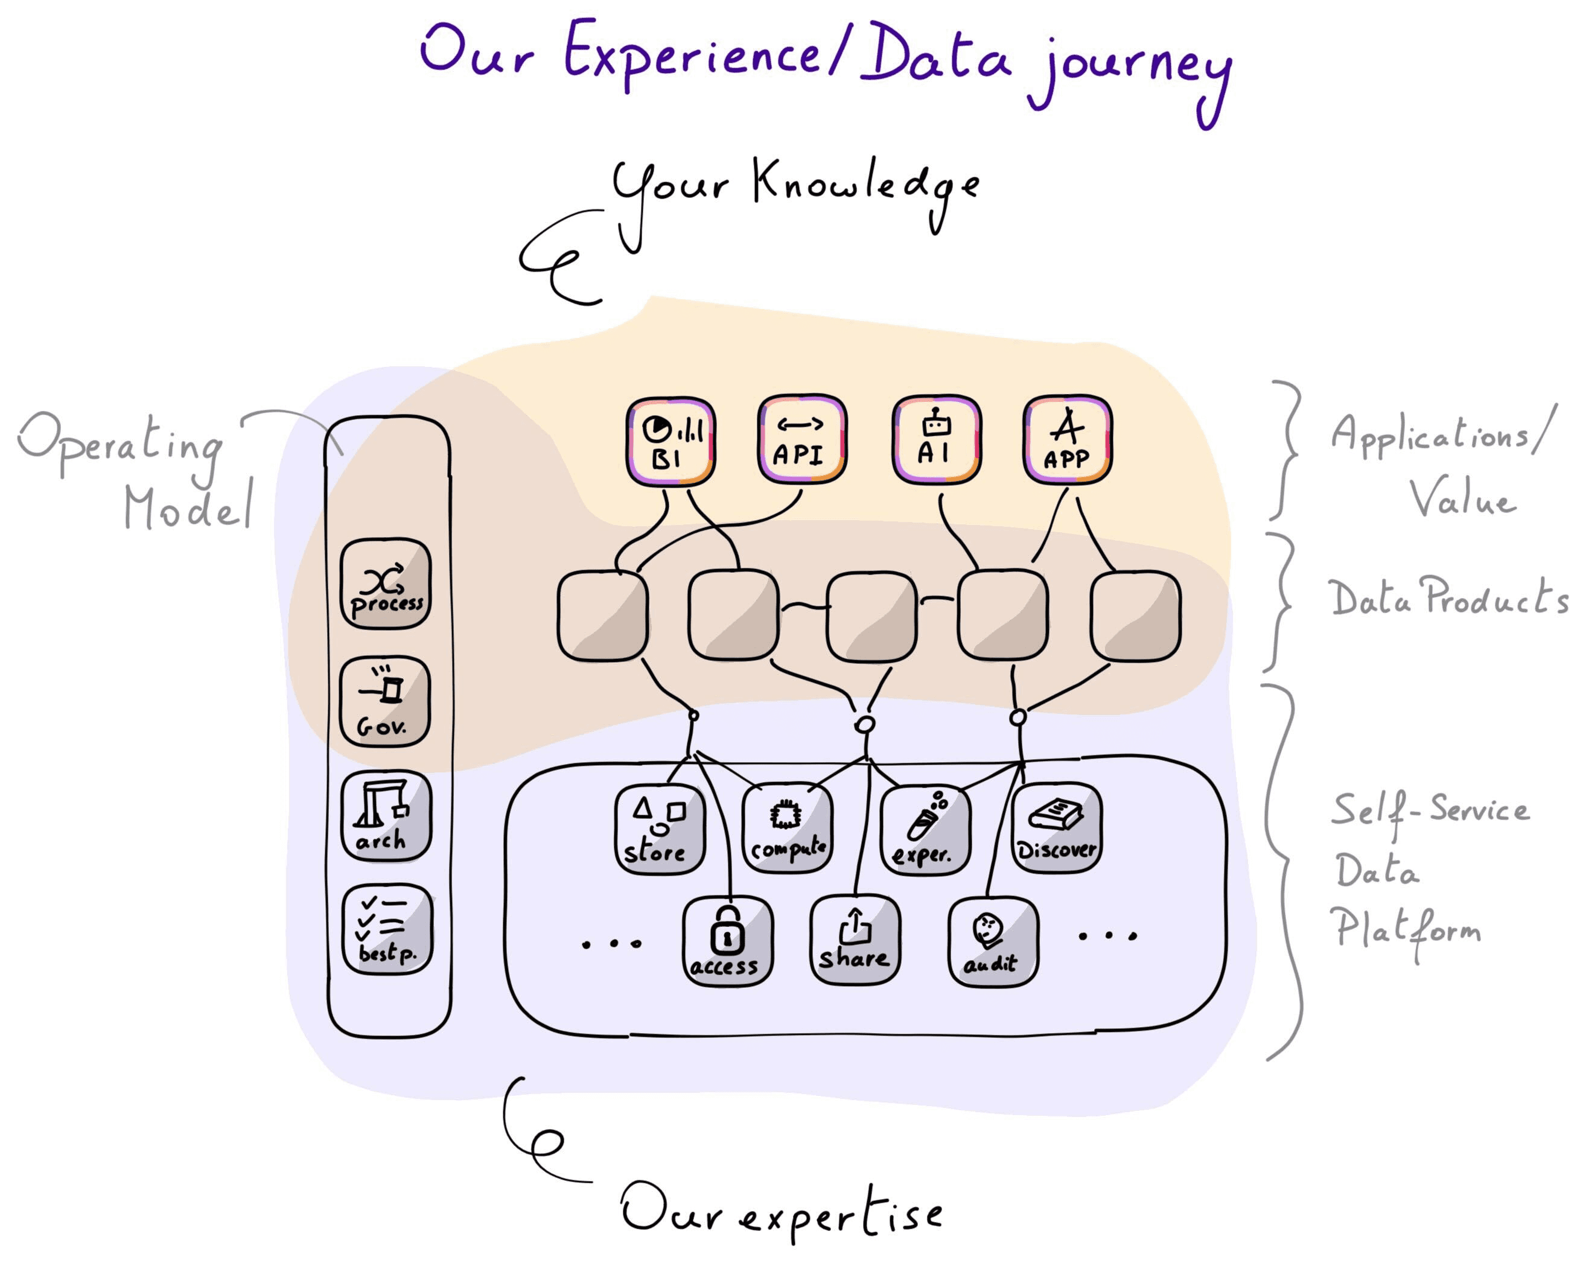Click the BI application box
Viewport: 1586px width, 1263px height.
point(670,441)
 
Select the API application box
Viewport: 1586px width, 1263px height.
point(802,439)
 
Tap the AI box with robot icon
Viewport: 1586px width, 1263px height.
point(935,439)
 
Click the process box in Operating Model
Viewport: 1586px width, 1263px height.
point(386,584)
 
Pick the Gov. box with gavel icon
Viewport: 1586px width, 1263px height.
point(384,702)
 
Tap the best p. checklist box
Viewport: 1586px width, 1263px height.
point(387,930)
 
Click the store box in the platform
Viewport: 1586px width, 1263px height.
point(660,830)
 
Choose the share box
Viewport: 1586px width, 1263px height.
point(855,940)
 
